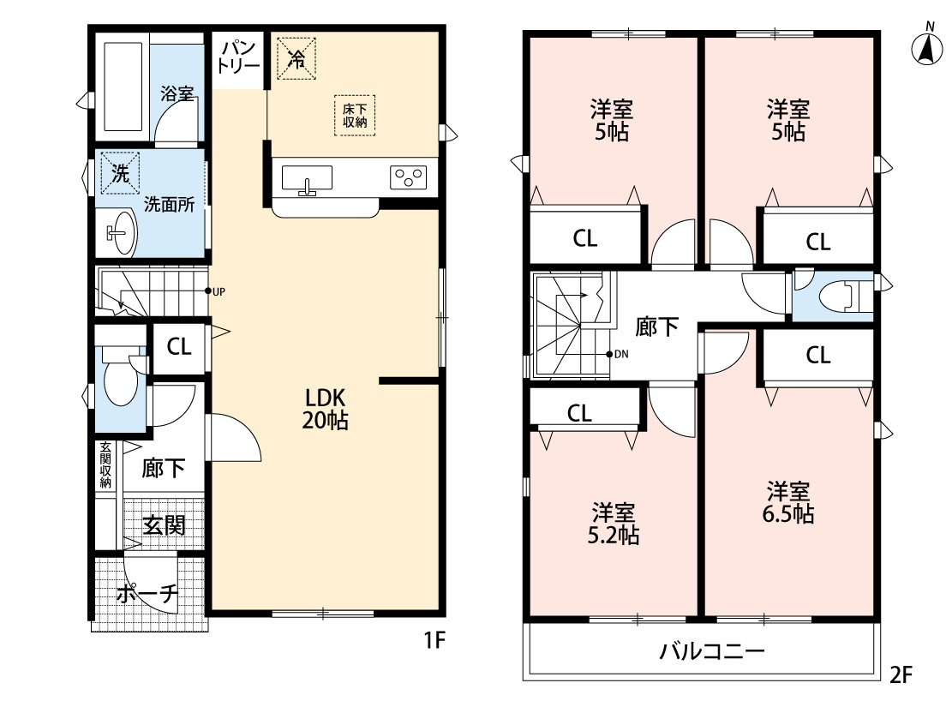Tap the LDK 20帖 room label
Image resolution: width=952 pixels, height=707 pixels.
tap(324, 409)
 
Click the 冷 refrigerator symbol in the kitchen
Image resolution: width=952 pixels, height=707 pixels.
tap(296, 58)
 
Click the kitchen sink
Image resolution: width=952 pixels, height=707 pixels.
tap(306, 181)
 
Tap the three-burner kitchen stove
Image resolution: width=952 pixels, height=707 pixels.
tap(408, 177)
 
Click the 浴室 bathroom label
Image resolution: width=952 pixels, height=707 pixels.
tap(177, 94)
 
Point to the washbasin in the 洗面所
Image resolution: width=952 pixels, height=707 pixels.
tap(119, 232)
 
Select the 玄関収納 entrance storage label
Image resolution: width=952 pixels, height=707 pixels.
tap(105, 465)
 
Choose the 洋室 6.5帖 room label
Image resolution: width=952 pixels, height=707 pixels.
tap(789, 503)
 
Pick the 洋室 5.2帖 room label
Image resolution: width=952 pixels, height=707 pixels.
tap(614, 524)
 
